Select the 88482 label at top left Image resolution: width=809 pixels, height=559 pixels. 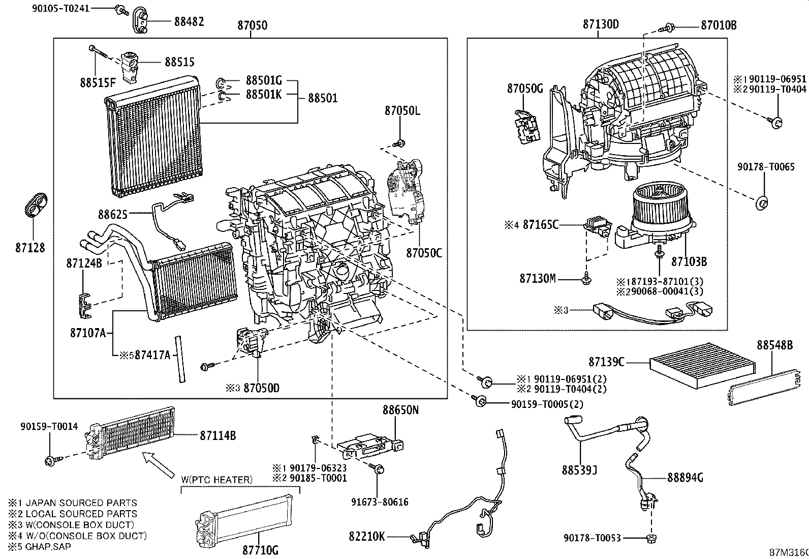[189, 22]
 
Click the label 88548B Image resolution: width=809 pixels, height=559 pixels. [774, 345]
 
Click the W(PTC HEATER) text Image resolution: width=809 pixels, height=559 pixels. [216, 480]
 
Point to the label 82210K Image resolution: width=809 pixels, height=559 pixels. [366, 536]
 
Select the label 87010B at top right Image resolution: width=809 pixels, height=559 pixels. [719, 25]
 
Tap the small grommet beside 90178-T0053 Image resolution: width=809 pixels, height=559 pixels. [650, 538]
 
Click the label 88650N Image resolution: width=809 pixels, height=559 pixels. [400, 409]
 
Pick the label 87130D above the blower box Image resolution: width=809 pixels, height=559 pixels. [601, 25]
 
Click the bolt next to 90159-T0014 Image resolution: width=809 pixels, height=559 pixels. [51, 460]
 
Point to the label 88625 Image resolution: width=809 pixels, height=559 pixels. [113, 215]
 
